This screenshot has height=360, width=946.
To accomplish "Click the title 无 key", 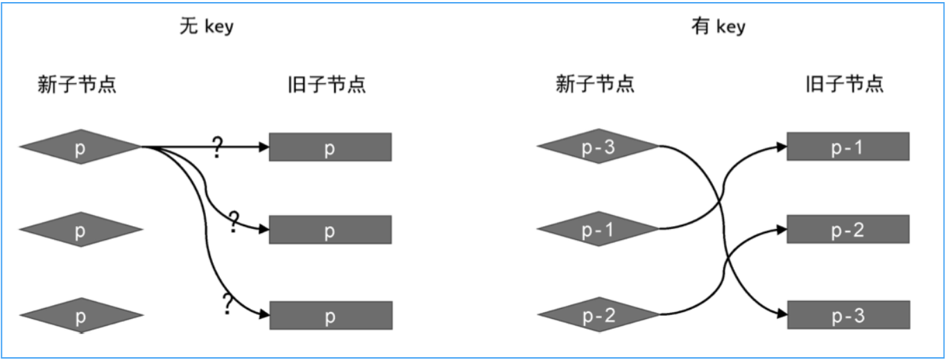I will click(x=206, y=27).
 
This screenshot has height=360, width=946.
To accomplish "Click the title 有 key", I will click(x=718, y=27).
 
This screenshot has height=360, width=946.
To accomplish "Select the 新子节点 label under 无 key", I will click(x=76, y=85).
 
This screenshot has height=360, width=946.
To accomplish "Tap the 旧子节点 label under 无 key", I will click(x=327, y=85).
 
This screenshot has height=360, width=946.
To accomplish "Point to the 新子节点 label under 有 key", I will click(x=595, y=85).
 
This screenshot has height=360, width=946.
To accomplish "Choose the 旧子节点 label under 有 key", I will click(x=845, y=85).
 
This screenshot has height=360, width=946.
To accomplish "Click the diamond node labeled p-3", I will click(x=596, y=147).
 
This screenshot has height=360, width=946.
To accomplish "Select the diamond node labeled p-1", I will click(x=596, y=230).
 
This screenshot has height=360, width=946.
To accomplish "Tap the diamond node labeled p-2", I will click(x=596, y=316).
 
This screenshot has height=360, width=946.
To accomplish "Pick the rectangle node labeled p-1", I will click(x=848, y=147).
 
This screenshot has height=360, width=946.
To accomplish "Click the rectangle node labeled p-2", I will click(x=848, y=230).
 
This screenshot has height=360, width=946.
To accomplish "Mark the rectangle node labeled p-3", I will click(x=848, y=315).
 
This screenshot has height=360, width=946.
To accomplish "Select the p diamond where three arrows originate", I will click(x=80, y=147).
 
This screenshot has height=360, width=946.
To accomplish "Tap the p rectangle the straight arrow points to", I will click(x=330, y=147).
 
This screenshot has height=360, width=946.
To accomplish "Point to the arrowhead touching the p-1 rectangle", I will click(x=782, y=147).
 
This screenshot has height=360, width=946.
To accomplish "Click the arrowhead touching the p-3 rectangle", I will click(x=782, y=315).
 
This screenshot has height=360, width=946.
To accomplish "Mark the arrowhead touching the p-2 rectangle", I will click(x=782, y=230).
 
